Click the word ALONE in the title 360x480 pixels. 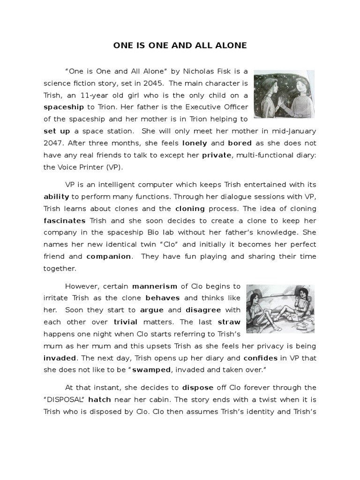(231, 45)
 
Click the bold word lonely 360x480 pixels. (194, 143)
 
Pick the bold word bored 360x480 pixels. (240, 143)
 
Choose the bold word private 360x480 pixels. (216, 155)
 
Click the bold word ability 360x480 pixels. (56, 197)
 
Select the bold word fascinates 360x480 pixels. (65, 221)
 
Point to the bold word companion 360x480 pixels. (109, 256)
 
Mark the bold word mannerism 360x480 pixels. (155, 286)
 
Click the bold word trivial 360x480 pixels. (125, 322)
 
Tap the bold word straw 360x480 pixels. (229, 322)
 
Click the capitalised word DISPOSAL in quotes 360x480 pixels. (64, 400)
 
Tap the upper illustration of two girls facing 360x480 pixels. (284, 95)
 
